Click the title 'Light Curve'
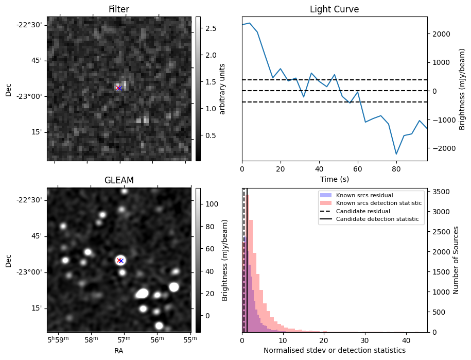coord(334,9)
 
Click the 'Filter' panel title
coord(119,9)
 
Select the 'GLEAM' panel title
coord(119,180)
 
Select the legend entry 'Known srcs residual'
coord(364,195)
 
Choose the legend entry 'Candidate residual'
coord(362,212)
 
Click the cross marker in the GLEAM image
coord(120,260)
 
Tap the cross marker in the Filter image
coord(119,88)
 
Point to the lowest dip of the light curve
coord(396,154)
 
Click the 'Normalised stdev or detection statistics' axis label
coord(334,351)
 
